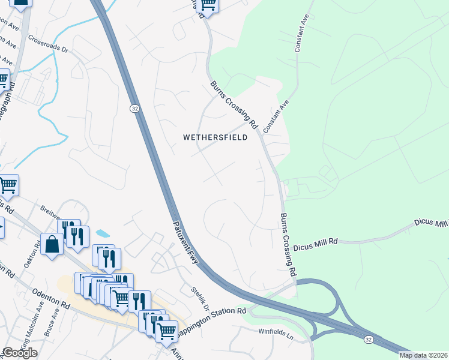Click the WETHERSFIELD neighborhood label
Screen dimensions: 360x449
pyautogui.click(x=215, y=137)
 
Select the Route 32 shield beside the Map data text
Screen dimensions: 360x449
pyautogui.click(x=367, y=340)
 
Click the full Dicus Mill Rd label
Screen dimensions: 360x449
pyautogui.click(x=317, y=241)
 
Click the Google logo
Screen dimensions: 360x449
pyautogui.click(x=20, y=353)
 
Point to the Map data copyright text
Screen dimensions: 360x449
pyautogui.click(x=423, y=355)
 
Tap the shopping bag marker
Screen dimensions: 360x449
pyautogui.click(x=52, y=245)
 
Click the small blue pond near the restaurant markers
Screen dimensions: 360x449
pyautogui.click(x=103, y=233)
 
